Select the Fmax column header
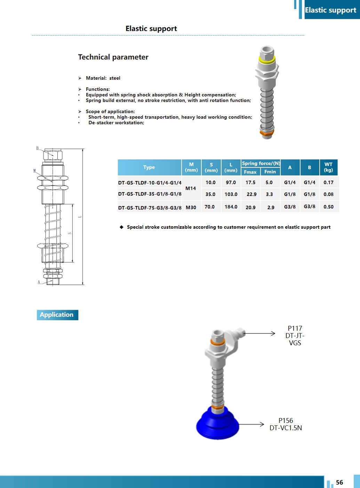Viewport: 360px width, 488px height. (x=250, y=172)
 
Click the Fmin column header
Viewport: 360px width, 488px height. (x=270, y=172)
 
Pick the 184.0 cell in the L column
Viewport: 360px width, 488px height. (x=231, y=207)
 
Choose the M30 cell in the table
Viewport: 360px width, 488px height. (x=191, y=207)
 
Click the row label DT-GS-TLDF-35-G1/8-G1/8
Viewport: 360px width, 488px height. (x=150, y=194)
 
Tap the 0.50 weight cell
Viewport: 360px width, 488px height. (x=328, y=207)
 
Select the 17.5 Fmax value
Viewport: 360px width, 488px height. (x=250, y=182)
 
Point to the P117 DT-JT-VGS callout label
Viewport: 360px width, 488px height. (x=295, y=336)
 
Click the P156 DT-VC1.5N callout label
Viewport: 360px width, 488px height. (x=286, y=424)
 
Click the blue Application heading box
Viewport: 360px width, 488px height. (x=57, y=315)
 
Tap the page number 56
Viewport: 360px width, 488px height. (x=339, y=482)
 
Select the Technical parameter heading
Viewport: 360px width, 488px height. (x=113, y=57)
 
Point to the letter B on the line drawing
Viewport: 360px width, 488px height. (x=38, y=148)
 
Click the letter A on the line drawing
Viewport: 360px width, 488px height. (x=39, y=282)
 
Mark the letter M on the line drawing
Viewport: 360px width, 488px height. (x=34, y=171)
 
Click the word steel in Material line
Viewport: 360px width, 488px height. (x=115, y=78)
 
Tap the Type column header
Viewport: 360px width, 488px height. (x=149, y=167)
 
